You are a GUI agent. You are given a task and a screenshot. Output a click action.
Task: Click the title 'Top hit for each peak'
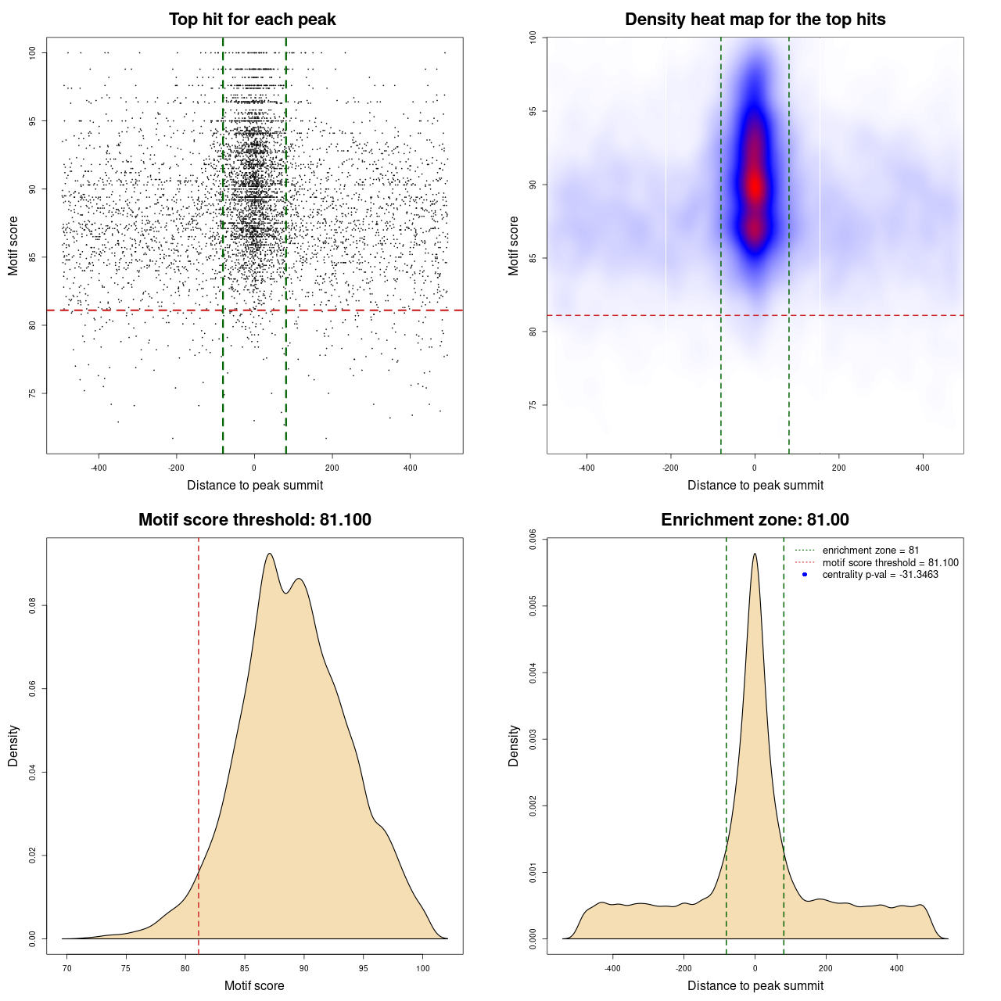pyautogui.click(x=253, y=20)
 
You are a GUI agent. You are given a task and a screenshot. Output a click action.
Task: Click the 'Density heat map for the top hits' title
pyautogui.click(x=755, y=20)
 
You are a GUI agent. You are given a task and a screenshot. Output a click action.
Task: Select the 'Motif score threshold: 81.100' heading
pyautogui.click(x=254, y=520)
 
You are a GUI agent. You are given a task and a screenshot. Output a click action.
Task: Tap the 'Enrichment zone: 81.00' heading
pyautogui.click(x=755, y=520)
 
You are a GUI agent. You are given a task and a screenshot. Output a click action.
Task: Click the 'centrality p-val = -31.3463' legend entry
pyautogui.click(x=880, y=575)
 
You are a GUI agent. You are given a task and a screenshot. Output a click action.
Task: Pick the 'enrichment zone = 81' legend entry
pyautogui.click(x=870, y=551)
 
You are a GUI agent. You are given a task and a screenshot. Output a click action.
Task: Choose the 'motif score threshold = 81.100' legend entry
pyautogui.click(x=890, y=563)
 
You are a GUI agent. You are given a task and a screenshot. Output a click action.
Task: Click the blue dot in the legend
pyautogui.click(x=805, y=575)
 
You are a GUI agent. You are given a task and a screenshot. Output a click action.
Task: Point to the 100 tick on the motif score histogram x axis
pyautogui.click(x=423, y=968)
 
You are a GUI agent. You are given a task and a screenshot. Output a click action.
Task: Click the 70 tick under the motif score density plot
pyautogui.click(x=67, y=968)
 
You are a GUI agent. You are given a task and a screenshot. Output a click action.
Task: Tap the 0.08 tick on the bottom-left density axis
pyautogui.click(x=32, y=605)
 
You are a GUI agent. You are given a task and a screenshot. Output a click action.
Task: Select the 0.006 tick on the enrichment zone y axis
pyautogui.click(x=533, y=540)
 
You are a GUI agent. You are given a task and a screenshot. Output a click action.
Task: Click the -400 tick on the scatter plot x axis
pyautogui.click(x=99, y=468)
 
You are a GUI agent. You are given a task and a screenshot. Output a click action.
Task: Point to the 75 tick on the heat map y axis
pyautogui.click(x=533, y=405)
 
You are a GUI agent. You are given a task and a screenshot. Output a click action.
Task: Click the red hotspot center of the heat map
pyautogui.click(x=755, y=186)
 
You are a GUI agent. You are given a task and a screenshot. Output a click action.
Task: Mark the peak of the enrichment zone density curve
pyautogui.click(x=755, y=554)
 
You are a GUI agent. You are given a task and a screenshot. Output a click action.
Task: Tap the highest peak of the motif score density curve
pyautogui.click(x=269, y=554)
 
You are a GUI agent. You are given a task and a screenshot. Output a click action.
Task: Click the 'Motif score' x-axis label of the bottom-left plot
pyautogui.click(x=254, y=985)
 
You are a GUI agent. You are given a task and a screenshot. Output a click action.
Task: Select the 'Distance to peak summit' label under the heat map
pyautogui.click(x=755, y=485)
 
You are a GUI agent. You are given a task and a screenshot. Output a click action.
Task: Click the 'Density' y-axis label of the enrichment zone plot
pyautogui.click(x=514, y=745)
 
